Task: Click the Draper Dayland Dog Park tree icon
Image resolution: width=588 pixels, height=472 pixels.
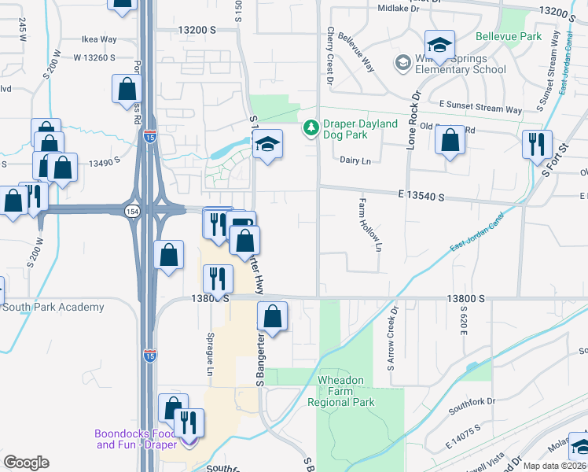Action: pyautogui.click(x=311, y=127)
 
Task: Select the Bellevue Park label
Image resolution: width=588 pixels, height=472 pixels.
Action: pyautogui.click(x=509, y=37)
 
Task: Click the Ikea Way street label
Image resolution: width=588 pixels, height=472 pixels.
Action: pyautogui.click(x=99, y=39)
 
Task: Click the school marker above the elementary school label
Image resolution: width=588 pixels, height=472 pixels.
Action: pyautogui.click(x=439, y=44)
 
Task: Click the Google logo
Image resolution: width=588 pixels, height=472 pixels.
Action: pyautogui.click(x=26, y=463)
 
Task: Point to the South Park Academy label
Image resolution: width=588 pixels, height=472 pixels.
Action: pyautogui.click(x=53, y=307)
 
